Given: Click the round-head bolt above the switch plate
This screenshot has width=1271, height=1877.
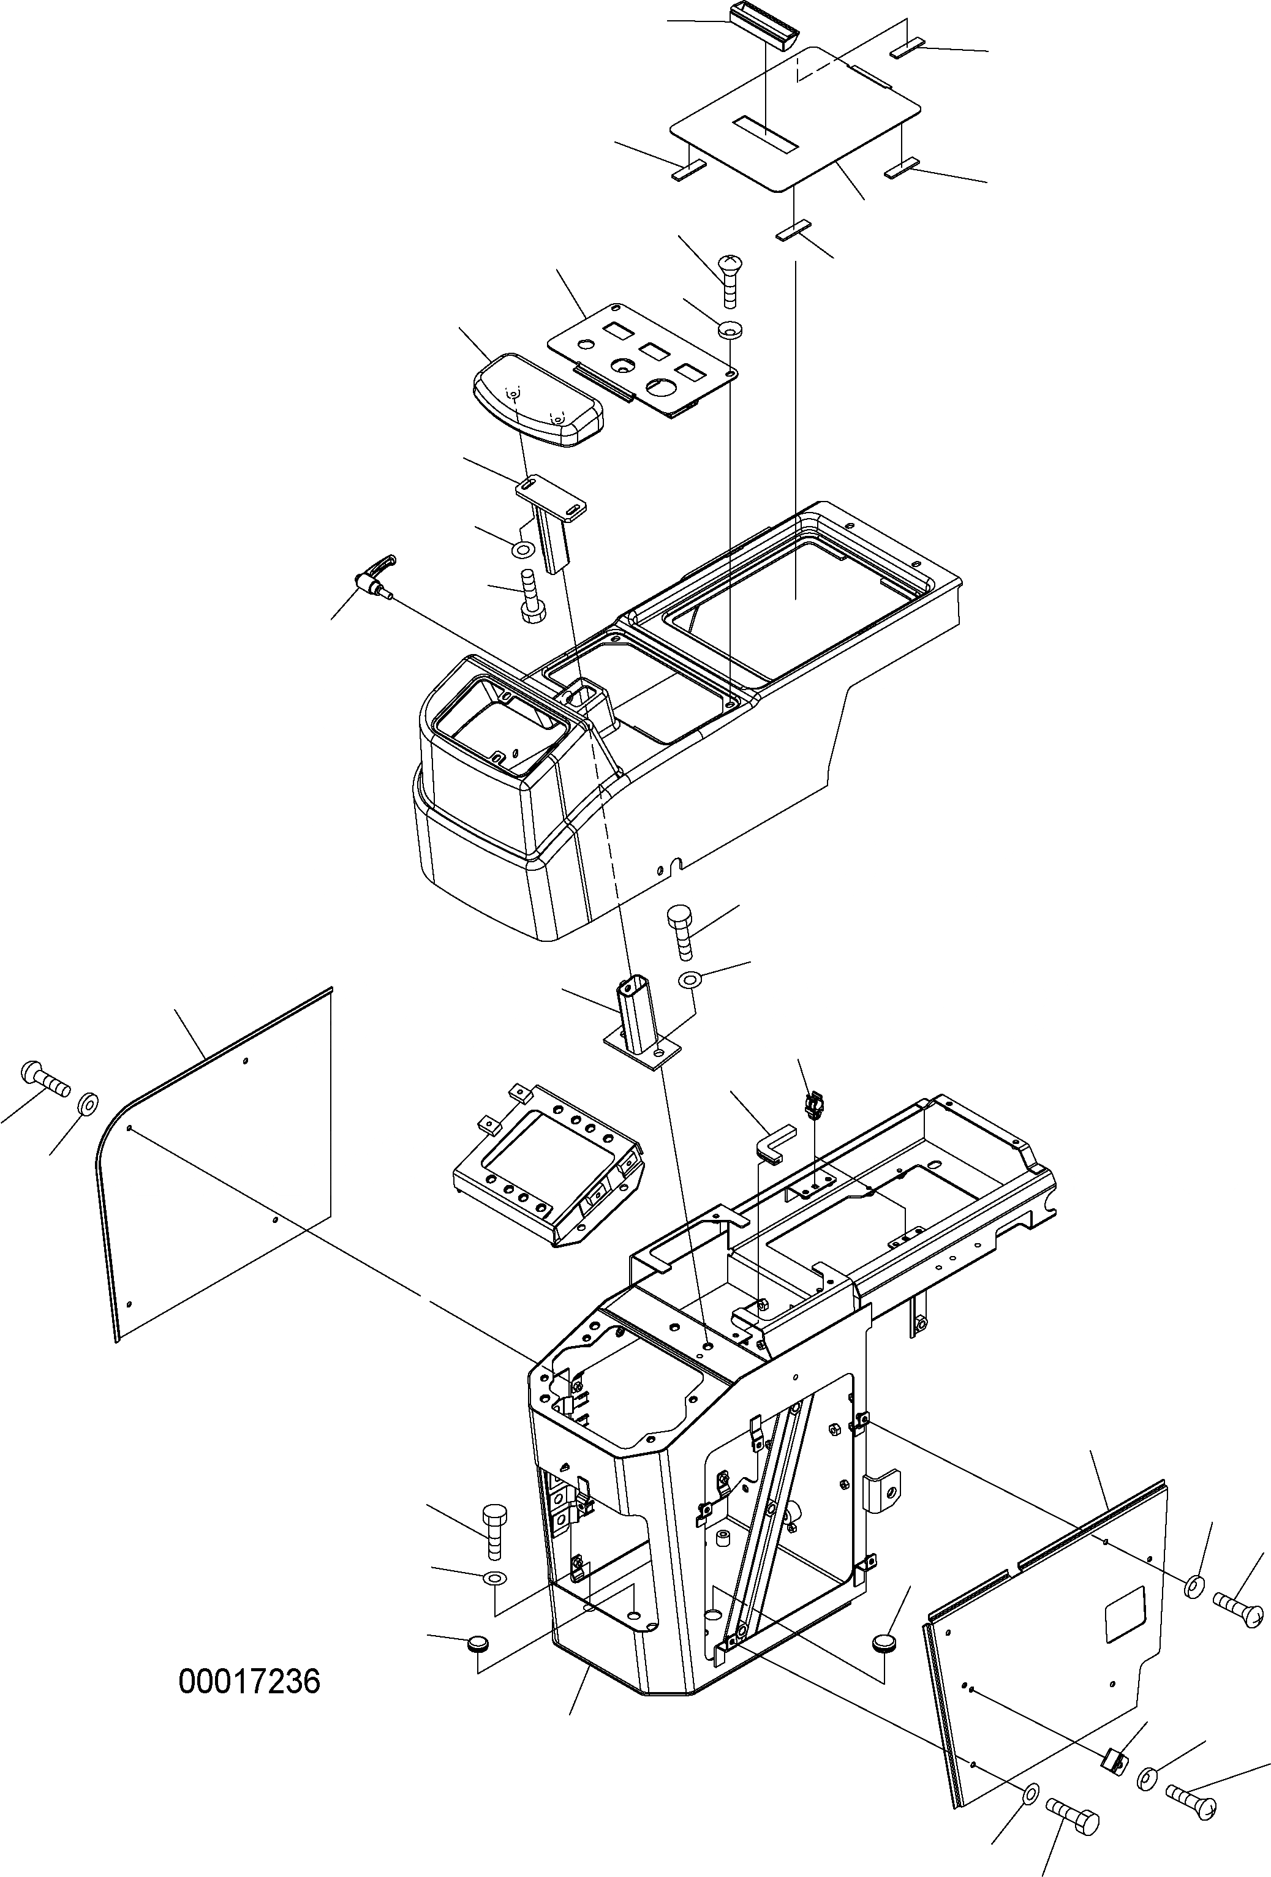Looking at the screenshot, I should tap(730, 279).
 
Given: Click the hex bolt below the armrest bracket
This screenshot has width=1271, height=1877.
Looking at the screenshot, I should tap(531, 597).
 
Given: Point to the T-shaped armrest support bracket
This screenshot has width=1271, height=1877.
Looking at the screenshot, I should tap(549, 517).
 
